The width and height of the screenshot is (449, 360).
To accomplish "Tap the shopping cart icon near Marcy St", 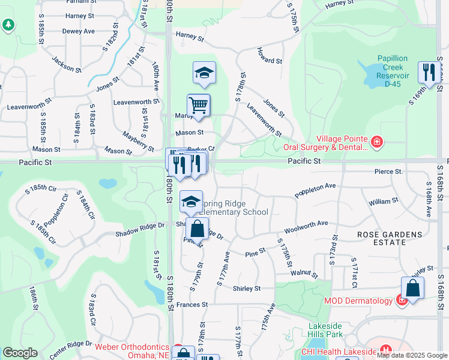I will [x=198, y=106].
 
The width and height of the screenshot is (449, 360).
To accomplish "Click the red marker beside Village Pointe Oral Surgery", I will [x=376, y=142].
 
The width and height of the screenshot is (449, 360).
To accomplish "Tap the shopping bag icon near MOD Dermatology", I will [x=413, y=288].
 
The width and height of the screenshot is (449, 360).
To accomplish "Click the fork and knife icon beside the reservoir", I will [x=429, y=73].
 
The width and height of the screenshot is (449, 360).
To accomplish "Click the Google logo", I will [x=20, y=353].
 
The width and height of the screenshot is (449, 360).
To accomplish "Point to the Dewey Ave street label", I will [x=79, y=31].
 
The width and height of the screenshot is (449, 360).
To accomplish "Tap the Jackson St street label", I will [x=66, y=65].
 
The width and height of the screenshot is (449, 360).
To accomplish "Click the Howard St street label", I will [x=270, y=61].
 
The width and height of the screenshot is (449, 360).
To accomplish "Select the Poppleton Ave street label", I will [x=315, y=190].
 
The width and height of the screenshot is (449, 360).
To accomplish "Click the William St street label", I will [x=380, y=202].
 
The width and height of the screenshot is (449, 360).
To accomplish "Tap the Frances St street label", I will [x=192, y=305].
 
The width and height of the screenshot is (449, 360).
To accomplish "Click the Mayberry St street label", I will [x=138, y=142].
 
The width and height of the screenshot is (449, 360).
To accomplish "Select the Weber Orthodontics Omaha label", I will [x=132, y=350].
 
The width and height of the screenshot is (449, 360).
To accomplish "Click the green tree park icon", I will [x=8, y=25].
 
